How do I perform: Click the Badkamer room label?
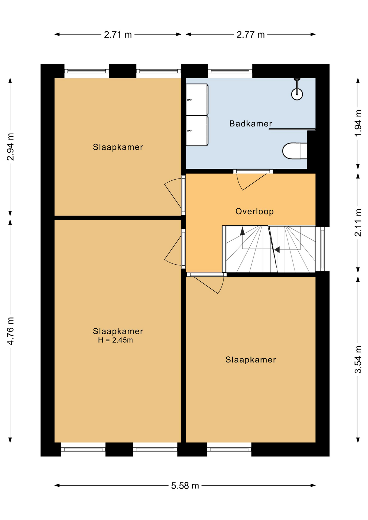pyautogui.click(x=250, y=124)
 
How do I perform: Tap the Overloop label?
pyautogui.click(x=254, y=212)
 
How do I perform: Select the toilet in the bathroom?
pyautogui.click(x=295, y=151)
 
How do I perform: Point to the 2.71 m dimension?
pyautogui.click(x=118, y=35)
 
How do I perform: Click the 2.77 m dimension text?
pyautogui.click(x=250, y=35)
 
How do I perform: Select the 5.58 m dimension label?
pyautogui.click(x=185, y=486)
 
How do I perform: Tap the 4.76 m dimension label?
pyautogui.click(x=10, y=331)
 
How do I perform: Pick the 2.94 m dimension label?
pyautogui.click(x=10, y=147)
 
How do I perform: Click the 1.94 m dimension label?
pyautogui.click(x=358, y=123)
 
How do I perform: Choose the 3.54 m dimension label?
pyautogui.click(x=358, y=359)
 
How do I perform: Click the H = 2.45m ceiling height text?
pyautogui.click(x=115, y=340)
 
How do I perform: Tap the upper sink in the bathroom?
pyautogui.click(x=197, y=99)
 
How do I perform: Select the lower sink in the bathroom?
pyautogui.click(x=197, y=131)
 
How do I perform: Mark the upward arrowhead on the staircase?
pyautogui.click(x=242, y=231)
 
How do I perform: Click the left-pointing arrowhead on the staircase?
pyautogui.click(x=277, y=249)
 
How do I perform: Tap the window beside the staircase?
pyautogui.click(x=322, y=249)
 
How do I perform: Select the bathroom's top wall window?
pyautogui.click(x=230, y=71)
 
